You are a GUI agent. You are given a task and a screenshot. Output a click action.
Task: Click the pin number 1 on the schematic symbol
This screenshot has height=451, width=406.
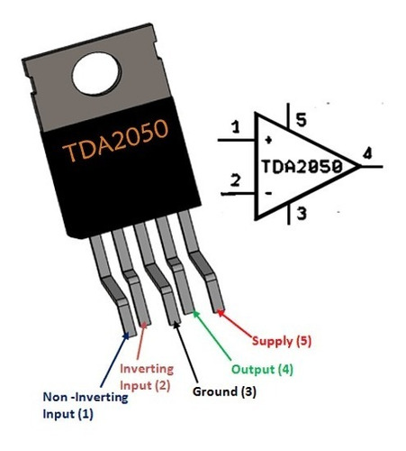(236, 129)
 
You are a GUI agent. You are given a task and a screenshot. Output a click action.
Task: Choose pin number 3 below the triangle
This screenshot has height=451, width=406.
(302, 215)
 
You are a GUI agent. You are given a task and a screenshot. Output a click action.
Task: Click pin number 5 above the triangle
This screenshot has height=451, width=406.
(302, 117)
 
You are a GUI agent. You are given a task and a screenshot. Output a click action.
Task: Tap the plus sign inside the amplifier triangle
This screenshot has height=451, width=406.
(268, 141)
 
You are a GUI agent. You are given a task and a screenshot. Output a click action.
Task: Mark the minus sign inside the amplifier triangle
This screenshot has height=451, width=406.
(267, 191)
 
